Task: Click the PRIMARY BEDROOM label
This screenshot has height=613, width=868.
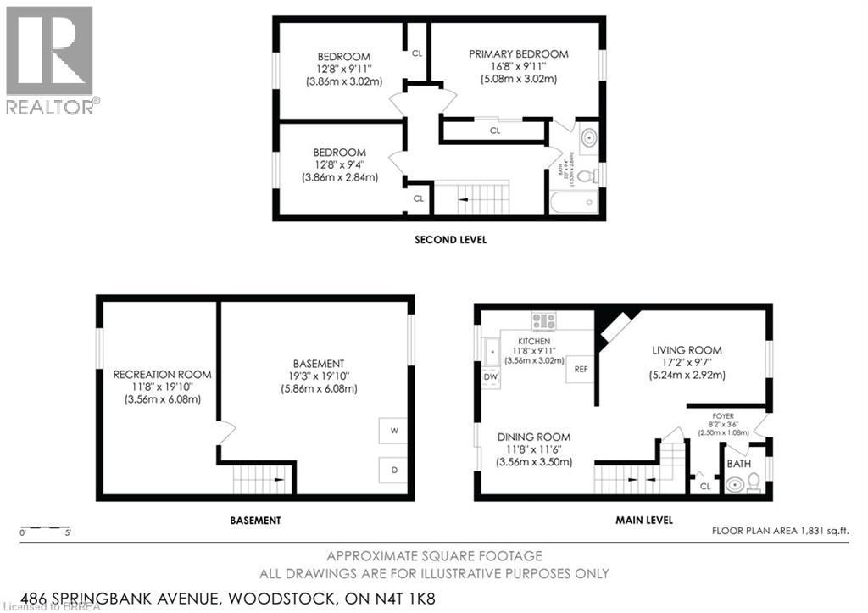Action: (519, 54)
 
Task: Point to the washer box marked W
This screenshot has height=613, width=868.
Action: (394, 431)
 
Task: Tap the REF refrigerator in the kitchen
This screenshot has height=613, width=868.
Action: (581, 370)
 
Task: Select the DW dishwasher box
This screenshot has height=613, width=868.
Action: (490, 376)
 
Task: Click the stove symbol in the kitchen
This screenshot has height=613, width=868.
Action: (543, 320)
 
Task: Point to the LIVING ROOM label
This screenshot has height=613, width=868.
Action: (687, 349)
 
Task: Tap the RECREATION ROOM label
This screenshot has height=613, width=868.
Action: (163, 374)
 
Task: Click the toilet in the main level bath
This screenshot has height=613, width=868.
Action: (754, 483)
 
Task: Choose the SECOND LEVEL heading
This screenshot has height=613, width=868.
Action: (450, 240)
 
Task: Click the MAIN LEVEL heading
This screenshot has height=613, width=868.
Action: (644, 520)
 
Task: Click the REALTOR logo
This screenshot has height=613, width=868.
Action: (51, 60)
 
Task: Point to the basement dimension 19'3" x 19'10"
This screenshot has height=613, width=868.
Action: (319, 376)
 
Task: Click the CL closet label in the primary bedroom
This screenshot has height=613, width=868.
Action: (495, 131)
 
